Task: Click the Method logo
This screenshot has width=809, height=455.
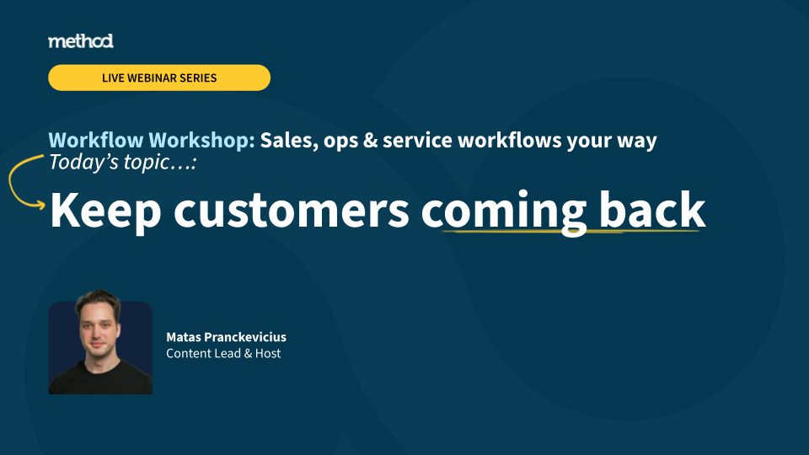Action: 81,41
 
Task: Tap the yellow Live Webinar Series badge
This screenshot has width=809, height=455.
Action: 159,78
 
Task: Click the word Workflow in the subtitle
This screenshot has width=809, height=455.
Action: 96,141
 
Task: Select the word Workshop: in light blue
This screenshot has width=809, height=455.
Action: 201,141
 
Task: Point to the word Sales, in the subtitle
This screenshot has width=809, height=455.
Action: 289,141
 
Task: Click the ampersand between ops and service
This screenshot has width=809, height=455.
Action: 371,141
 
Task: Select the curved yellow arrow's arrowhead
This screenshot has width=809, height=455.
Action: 40,206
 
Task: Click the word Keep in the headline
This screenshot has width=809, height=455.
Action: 105,211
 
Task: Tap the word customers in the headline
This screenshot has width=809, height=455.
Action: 292,211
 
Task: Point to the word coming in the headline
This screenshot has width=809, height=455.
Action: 504,211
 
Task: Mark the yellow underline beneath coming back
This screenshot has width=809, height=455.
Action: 571,231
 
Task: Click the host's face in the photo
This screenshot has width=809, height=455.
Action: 98,329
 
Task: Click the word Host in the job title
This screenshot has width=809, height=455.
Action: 268,353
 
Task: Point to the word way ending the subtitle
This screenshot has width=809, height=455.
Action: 638,142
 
